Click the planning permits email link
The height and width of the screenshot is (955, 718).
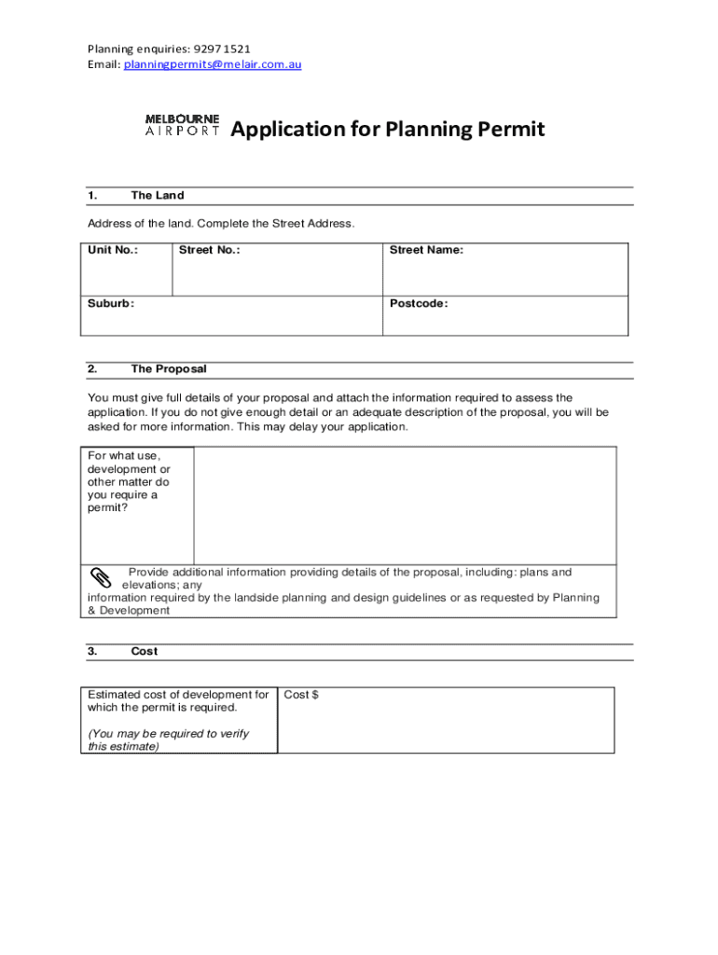(x=213, y=64)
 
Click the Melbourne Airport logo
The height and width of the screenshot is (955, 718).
(x=183, y=125)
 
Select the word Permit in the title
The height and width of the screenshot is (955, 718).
(x=510, y=129)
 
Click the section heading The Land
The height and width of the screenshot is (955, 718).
(x=158, y=195)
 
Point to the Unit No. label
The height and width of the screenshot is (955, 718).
(x=113, y=250)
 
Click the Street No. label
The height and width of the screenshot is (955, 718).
(x=210, y=250)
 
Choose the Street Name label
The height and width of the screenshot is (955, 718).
(x=426, y=250)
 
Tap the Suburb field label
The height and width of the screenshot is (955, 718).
(x=111, y=303)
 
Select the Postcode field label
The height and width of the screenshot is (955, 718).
(x=419, y=303)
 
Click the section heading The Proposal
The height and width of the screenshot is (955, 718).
(x=169, y=368)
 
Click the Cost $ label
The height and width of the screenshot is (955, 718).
(x=301, y=694)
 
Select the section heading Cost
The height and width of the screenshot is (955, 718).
(x=145, y=651)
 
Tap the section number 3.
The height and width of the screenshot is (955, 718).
(x=92, y=651)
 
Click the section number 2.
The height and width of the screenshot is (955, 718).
(x=92, y=368)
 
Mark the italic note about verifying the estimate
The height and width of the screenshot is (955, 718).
(x=168, y=740)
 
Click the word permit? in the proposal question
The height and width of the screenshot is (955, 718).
(x=108, y=508)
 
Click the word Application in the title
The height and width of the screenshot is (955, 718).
(x=288, y=129)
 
